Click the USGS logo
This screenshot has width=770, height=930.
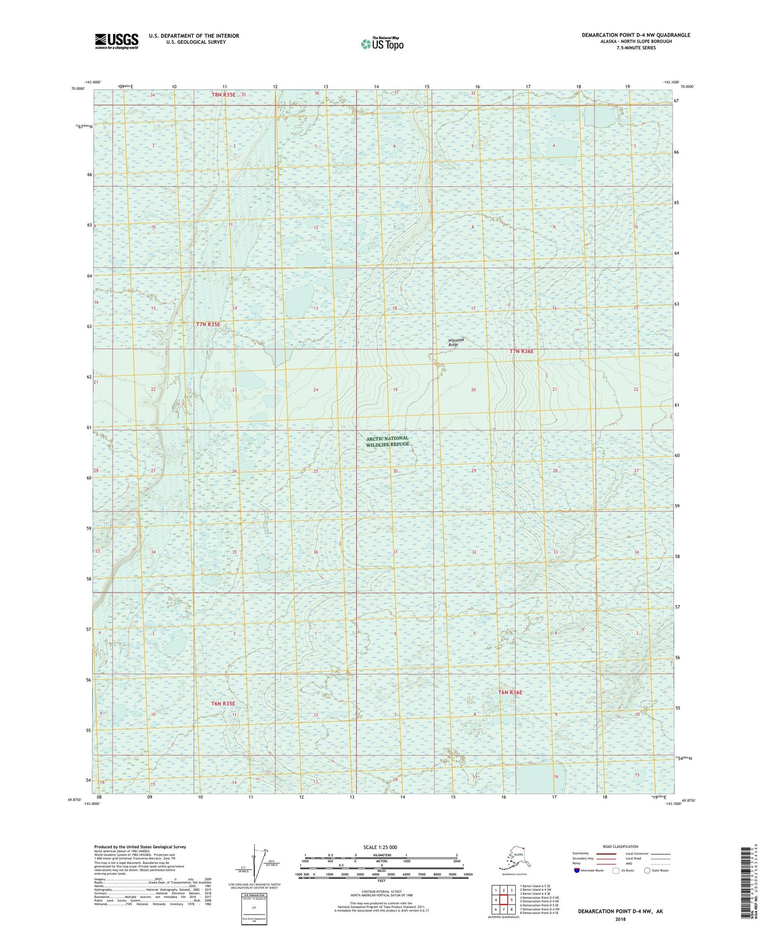pyautogui.click(x=117, y=41)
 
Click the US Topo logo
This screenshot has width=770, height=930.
pyautogui.click(x=382, y=44)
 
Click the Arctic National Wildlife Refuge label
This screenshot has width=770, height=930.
pyautogui.click(x=387, y=441)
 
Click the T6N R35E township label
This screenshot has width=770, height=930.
pyautogui.click(x=223, y=704)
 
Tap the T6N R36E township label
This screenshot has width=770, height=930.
pyautogui.click(x=510, y=692)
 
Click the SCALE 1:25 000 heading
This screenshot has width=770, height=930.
pyautogui.click(x=380, y=847)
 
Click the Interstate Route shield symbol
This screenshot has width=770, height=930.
pyautogui.click(x=577, y=870)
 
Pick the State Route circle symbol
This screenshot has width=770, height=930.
pyautogui.click(x=647, y=870)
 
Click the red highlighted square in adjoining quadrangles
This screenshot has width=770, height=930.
pyautogui.click(x=503, y=900)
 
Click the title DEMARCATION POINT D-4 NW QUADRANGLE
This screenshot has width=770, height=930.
pyautogui.click(x=636, y=35)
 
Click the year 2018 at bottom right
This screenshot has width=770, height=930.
pyautogui.click(x=620, y=919)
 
